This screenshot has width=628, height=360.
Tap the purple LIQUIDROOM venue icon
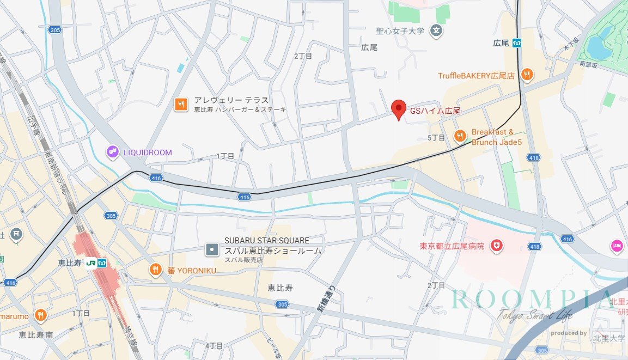coord(113,152)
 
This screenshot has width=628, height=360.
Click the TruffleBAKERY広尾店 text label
coord(476,76)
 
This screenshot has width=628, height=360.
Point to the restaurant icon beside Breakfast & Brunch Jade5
coord(460,136)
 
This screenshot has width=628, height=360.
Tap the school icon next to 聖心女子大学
coord(436,31)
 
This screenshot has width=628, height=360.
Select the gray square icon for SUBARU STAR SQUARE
coord(212,250)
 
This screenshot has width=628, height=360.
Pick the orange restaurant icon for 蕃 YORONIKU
coord(156,270)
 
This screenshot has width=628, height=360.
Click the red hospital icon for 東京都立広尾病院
coord(496,246)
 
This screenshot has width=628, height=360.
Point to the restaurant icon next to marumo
coord(40,315)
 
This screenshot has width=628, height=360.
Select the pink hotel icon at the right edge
coord(617,246)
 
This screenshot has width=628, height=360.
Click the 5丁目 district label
coord(436,138)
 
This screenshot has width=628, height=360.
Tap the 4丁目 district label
coord(214,346)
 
